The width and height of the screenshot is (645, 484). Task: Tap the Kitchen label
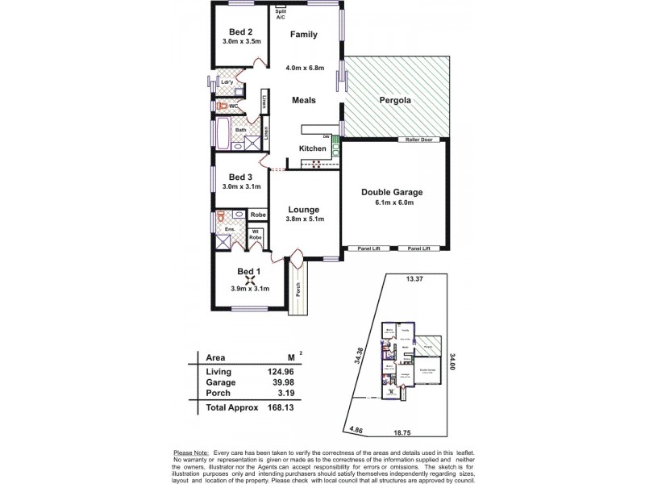click(313, 148)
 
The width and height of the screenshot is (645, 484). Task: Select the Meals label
click(303, 100)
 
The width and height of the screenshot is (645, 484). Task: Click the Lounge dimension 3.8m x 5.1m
click(305, 219)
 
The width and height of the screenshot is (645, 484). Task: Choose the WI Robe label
click(256, 236)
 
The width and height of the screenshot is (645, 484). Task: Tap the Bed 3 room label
click(240, 177)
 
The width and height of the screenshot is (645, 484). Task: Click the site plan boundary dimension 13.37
click(414, 280)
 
